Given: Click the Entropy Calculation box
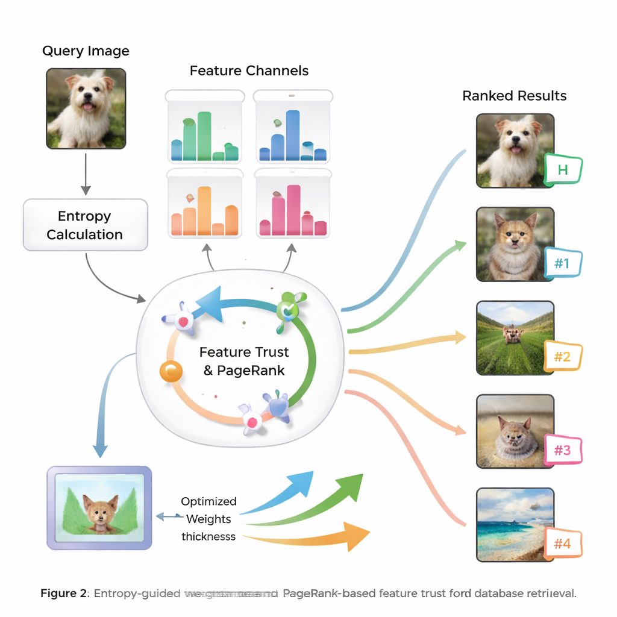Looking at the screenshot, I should click(x=85, y=225).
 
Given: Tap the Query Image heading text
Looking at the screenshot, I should click(x=86, y=51).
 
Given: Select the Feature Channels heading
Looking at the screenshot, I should click(x=249, y=71).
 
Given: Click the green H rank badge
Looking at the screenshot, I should click(x=563, y=169).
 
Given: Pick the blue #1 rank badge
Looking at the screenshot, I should click(x=562, y=263).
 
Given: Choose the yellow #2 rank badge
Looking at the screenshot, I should click(x=562, y=357).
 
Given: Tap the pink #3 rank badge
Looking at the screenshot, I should click(x=562, y=450).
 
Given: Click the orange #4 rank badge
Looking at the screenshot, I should click(x=562, y=544).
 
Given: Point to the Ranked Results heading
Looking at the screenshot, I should click(x=515, y=96).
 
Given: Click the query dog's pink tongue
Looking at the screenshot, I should click(x=88, y=107).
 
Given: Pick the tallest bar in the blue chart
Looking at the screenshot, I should click(x=293, y=136).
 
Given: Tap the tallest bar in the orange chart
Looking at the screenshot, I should click(x=204, y=211).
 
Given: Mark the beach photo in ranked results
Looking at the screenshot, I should click(x=515, y=524).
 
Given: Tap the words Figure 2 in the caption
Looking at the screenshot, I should click(x=63, y=594).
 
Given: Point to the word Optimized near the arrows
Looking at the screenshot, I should click(x=208, y=501).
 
